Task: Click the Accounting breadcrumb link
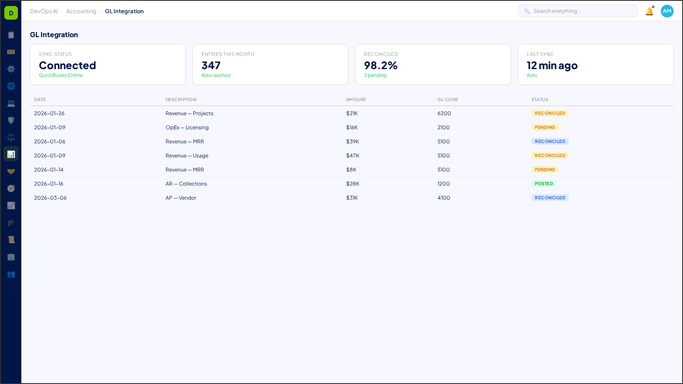tap(81, 12)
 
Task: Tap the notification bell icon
tap(649, 12)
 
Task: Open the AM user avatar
tap(667, 11)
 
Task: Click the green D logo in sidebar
tap(11, 13)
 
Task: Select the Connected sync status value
tap(67, 65)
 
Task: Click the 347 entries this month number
tap(211, 65)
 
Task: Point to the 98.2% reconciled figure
tap(380, 65)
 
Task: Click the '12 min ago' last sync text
tap(552, 65)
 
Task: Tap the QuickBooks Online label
tap(61, 75)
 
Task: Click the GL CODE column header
tap(447, 99)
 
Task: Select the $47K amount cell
tap(353, 156)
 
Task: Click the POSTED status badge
tap(543, 184)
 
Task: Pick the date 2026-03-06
tap(50, 198)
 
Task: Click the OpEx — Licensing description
tap(187, 128)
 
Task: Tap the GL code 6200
tap(444, 113)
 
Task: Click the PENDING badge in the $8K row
tap(545, 170)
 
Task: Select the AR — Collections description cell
tap(186, 184)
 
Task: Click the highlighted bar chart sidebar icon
tap(11, 154)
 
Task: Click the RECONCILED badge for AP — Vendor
tap(550, 198)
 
